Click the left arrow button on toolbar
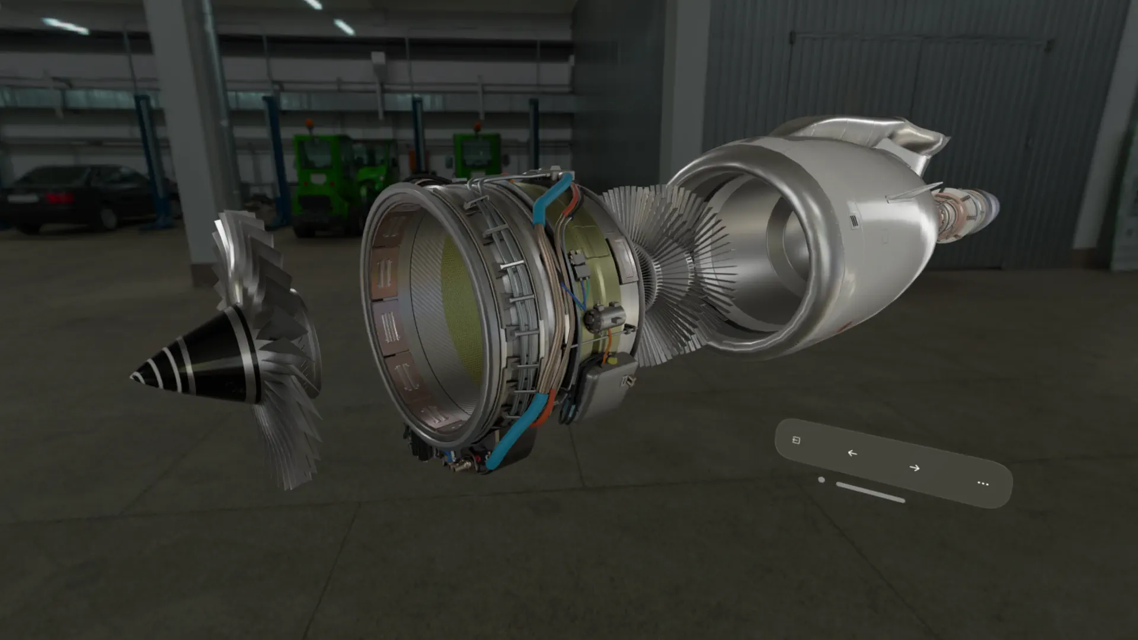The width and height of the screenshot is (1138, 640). click(x=852, y=453)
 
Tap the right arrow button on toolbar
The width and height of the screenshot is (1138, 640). click(x=915, y=468)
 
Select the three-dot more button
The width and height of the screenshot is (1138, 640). click(x=983, y=484)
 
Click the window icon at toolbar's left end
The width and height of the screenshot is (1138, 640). click(x=797, y=440)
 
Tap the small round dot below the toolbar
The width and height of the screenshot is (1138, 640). click(x=821, y=479)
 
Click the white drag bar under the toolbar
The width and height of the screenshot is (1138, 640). click(x=870, y=492)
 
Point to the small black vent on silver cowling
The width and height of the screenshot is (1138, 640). click(x=854, y=221)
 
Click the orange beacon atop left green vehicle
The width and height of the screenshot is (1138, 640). click(x=309, y=124)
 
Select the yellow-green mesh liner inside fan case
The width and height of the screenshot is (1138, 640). click(x=459, y=308)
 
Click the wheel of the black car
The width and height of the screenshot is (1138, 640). click(x=108, y=219)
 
